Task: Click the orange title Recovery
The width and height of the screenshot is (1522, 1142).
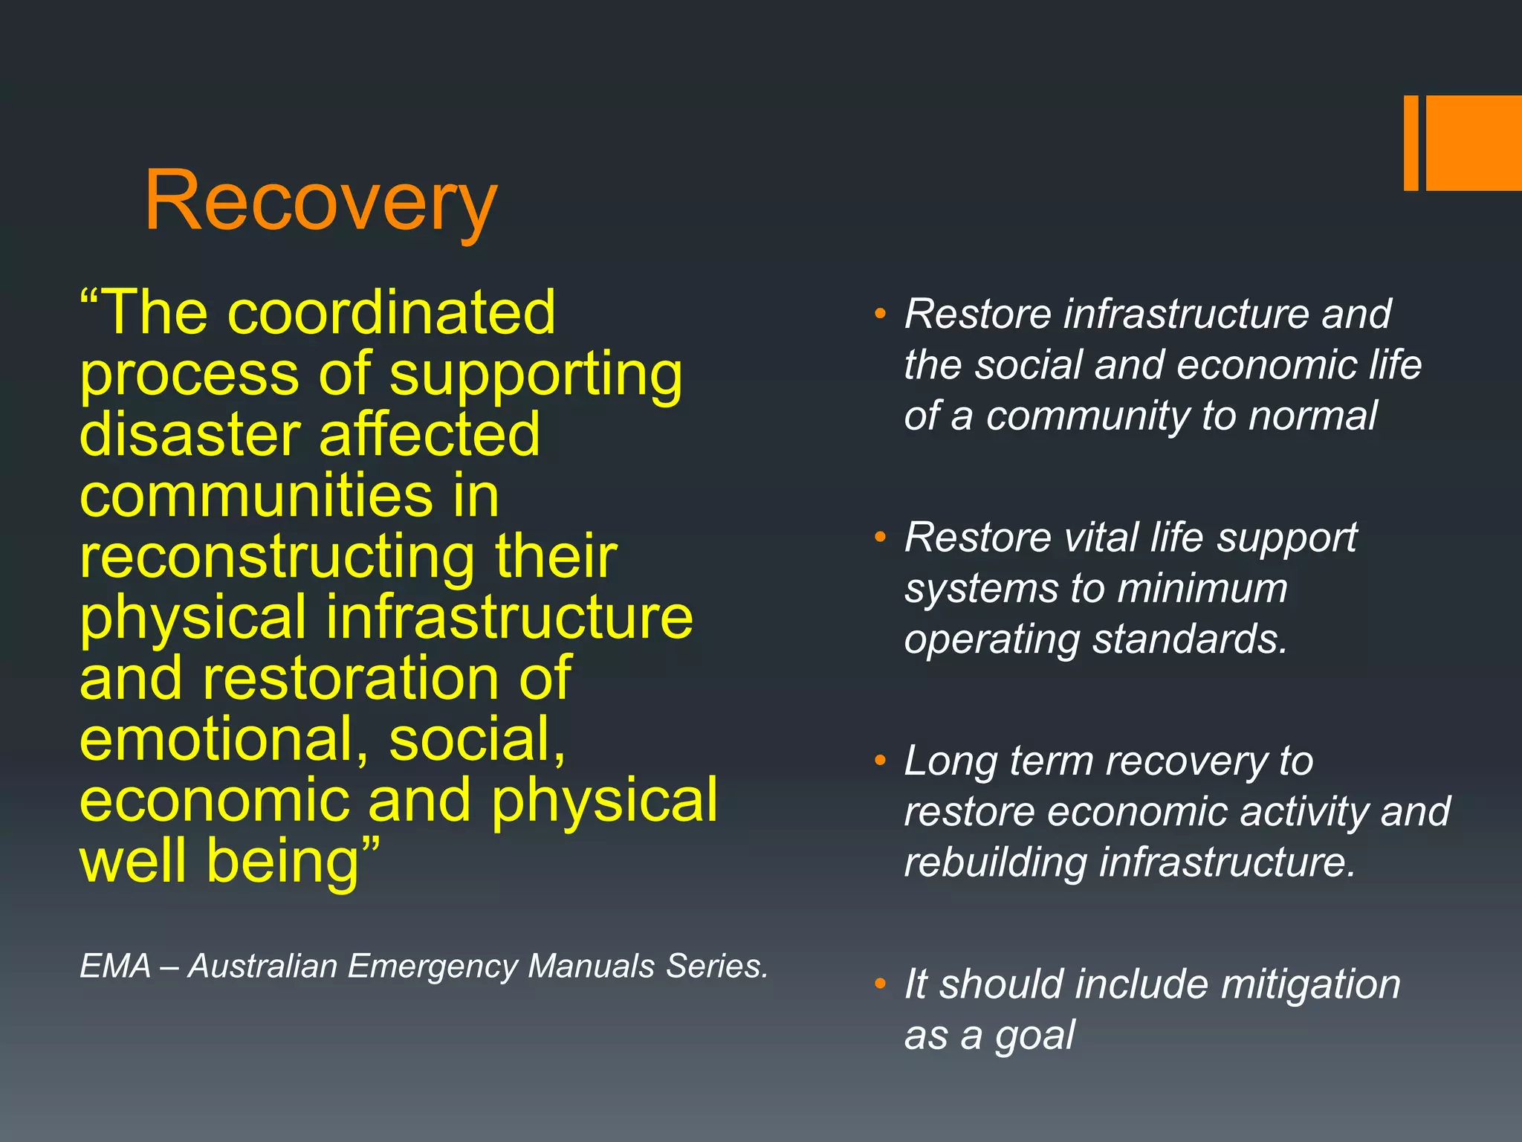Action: [320, 201]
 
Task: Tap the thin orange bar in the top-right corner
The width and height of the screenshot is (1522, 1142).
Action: [1411, 143]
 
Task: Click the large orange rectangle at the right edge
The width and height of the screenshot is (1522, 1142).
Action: [1474, 143]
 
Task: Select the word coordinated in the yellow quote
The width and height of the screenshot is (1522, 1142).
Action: [391, 313]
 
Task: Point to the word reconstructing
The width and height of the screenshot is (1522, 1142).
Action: [276, 557]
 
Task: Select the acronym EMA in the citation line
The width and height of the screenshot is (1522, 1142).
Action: [115, 967]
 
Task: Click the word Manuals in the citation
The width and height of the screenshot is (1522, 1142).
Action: [592, 967]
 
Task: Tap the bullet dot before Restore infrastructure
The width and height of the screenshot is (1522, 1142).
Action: [881, 314]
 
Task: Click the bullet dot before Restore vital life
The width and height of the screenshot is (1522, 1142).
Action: [881, 537]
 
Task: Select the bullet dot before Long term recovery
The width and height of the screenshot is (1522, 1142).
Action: [881, 761]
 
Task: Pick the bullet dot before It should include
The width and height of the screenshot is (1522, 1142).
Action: [881, 984]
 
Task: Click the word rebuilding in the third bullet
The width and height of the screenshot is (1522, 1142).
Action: [995, 862]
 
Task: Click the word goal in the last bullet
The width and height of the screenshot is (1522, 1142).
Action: [1034, 1036]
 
